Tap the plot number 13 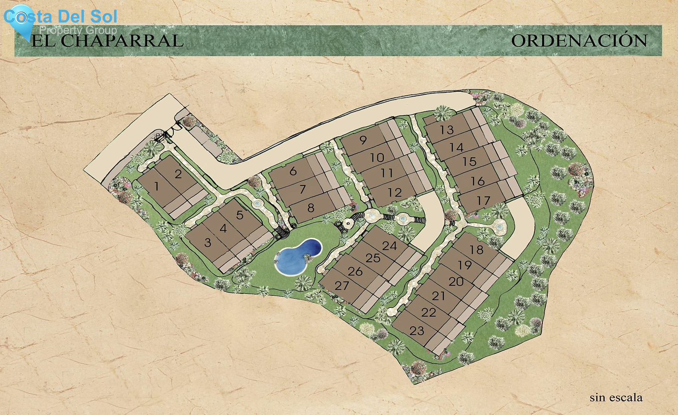pos(447,130)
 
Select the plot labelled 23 pos(417,331)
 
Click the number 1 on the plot pos(157,186)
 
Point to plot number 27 pos(342,286)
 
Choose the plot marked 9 pos(363,140)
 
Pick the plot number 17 pos(483,201)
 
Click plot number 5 pos(240,215)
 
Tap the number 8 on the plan pos(311,208)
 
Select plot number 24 pos(389,246)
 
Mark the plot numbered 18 pos(476,250)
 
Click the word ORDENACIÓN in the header pos(579,41)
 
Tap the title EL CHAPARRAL pos(107,41)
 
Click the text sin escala pos(616,397)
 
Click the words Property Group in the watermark pos(78,30)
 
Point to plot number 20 pos(456,281)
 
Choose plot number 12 pos(395,193)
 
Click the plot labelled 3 pos(208,243)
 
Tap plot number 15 pos(469,162)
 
